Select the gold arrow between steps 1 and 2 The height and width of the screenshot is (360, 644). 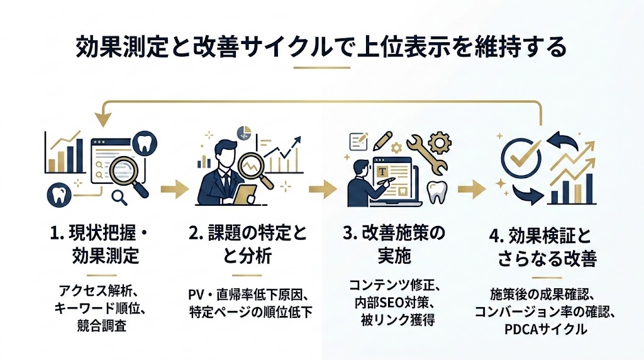pyautogui.click(x=174, y=188)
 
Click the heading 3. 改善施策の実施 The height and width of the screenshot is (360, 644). pyautogui.click(x=394, y=245)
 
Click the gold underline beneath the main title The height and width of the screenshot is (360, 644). pyautogui.click(x=321, y=67)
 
